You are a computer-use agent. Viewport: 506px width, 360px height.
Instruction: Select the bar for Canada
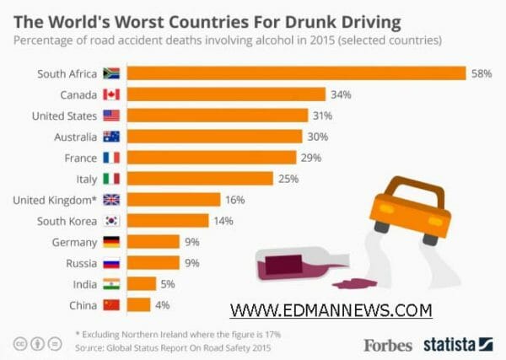click(x=227, y=94)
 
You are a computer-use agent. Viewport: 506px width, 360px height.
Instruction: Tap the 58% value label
click(x=482, y=73)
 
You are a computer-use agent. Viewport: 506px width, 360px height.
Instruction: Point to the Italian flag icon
click(x=111, y=179)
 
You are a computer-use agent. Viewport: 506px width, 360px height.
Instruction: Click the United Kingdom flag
click(x=111, y=200)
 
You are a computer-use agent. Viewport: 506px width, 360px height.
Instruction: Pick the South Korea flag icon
click(x=111, y=221)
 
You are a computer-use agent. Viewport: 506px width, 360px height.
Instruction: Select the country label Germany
click(x=73, y=242)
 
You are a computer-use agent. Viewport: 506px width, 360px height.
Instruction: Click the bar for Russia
click(x=154, y=263)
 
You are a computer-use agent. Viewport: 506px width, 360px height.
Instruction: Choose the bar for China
click(x=139, y=304)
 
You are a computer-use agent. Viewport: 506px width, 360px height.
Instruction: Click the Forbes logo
click(x=388, y=345)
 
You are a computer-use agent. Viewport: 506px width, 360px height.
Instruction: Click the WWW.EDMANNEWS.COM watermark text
click(x=331, y=310)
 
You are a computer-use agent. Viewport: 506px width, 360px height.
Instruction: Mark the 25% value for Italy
click(x=288, y=179)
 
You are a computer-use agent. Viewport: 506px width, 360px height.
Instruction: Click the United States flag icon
click(x=111, y=116)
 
